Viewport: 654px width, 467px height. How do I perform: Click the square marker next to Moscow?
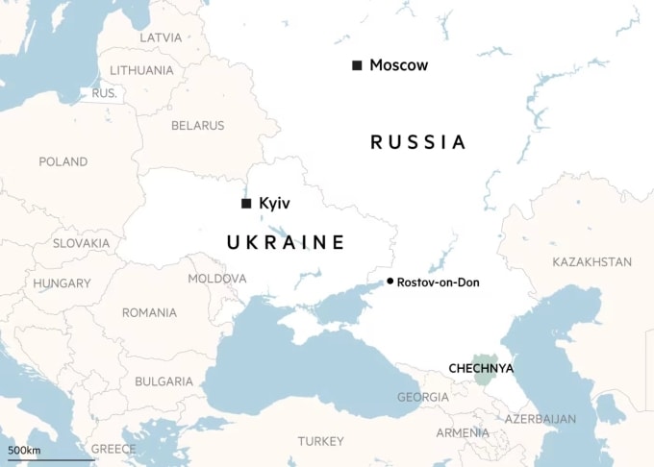click(x=357, y=65)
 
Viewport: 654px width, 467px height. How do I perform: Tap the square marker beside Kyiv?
click(x=246, y=204)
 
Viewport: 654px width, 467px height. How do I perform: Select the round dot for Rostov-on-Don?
click(x=390, y=282)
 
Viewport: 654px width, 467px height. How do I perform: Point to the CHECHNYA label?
click(x=481, y=368)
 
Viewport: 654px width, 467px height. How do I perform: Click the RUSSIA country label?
click(x=417, y=142)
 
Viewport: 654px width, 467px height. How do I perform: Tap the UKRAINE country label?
click(x=285, y=242)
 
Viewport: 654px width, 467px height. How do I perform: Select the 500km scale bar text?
click(x=24, y=450)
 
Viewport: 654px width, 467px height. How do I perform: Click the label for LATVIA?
click(x=160, y=37)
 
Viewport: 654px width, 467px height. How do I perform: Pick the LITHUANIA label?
click(x=141, y=70)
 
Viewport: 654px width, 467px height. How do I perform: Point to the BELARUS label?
click(x=197, y=125)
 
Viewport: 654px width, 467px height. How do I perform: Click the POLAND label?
click(x=63, y=161)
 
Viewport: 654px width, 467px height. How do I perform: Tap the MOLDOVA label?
click(x=216, y=278)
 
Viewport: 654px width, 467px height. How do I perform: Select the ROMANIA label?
click(x=149, y=312)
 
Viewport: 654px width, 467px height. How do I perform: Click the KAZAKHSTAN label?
click(x=591, y=261)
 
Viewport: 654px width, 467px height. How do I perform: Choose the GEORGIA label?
click(x=422, y=397)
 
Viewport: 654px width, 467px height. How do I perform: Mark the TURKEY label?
click(x=320, y=441)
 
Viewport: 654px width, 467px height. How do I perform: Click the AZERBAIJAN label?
click(x=541, y=419)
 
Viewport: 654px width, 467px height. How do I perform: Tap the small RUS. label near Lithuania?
click(x=103, y=93)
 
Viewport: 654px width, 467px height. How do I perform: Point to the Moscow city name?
click(x=398, y=65)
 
